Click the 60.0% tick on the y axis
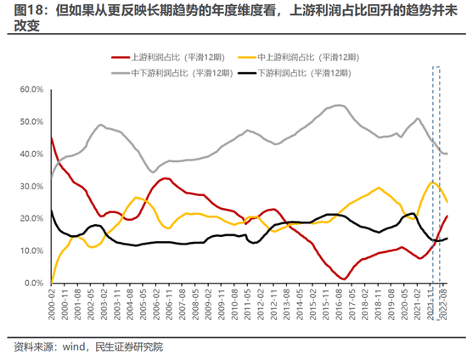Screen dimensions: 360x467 [x=31, y=89]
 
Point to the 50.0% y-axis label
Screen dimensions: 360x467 [x=31, y=121]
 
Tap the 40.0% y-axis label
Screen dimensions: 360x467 [x=31, y=154]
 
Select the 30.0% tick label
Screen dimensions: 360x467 [x=31, y=186]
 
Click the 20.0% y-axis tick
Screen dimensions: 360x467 [x=31, y=218]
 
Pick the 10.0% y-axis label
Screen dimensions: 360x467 [x=31, y=250]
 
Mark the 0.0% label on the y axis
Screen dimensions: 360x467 [x=33, y=283]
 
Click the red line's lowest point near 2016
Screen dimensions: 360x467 [x=343, y=278]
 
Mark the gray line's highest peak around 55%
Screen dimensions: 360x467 [x=337, y=105]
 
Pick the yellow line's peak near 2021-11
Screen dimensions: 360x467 [x=433, y=182]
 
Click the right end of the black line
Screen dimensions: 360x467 [x=447, y=238]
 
